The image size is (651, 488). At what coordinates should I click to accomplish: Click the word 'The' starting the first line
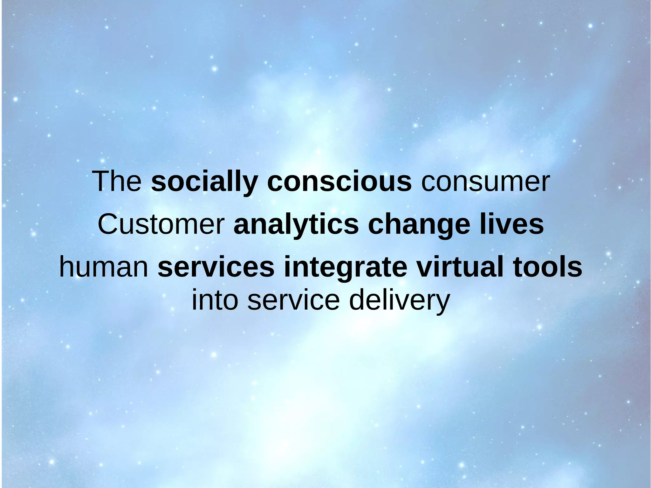[x=117, y=182]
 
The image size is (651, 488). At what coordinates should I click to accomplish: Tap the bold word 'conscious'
[x=339, y=182]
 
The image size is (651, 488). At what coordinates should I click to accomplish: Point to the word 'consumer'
[x=485, y=182]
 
